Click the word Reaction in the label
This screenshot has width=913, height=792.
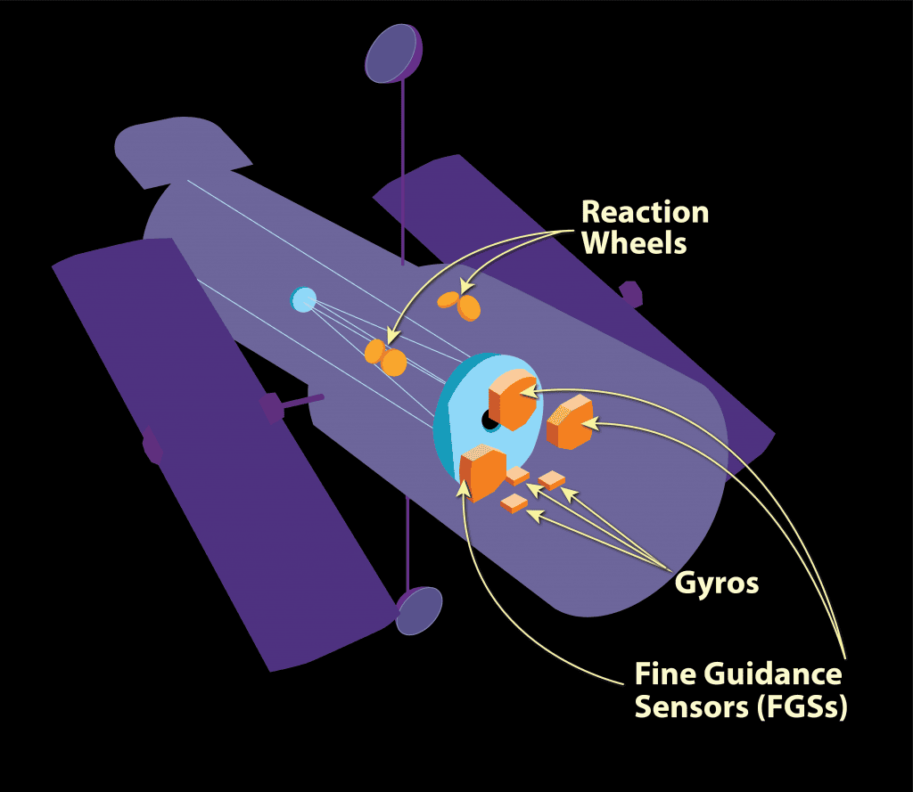coord(645,212)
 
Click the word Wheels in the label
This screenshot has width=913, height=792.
coord(634,241)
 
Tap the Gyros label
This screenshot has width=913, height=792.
coord(717,584)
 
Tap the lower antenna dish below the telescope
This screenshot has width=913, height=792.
coord(419,610)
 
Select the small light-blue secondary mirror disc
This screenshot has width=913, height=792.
coord(303,298)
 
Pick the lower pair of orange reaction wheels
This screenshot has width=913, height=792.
coord(386,356)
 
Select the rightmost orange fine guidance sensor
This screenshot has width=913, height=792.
coord(571,421)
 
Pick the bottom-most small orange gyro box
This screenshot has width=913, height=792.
coord(514,504)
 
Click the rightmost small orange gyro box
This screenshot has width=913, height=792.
coord(552,480)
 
